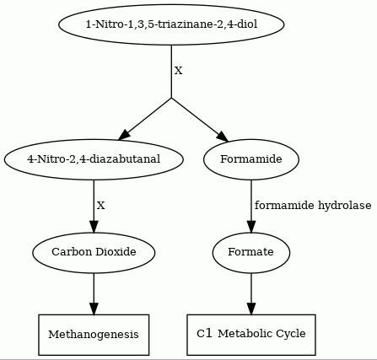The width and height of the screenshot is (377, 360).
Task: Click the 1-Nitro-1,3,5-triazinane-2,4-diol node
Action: coord(171,24)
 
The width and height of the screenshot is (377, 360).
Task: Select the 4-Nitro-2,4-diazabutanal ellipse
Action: coord(94,159)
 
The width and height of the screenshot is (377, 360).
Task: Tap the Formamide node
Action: coord(251,159)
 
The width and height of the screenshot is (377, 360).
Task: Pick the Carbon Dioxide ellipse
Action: coord(94,252)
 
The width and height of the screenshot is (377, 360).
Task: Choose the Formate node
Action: coord(251,252)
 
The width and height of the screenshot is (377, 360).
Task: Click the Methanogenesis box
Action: coord(94,335)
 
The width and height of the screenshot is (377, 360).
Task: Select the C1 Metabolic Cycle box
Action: coord(251,335)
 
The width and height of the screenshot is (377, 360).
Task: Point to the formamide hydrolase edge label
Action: coord(313,206)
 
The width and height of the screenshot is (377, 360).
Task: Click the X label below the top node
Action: coord(179,71)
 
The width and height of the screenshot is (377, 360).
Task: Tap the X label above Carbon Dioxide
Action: coord(101,206)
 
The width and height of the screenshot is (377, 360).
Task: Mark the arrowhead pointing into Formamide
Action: coord(224,137)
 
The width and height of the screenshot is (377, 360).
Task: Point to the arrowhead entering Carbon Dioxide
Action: coord(94,227)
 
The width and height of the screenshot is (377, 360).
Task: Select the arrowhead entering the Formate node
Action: coord(251,227)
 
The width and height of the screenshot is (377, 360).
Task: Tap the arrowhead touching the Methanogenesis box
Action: coord(94,309)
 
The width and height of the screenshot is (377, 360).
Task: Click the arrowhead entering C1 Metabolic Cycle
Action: coord(251,309)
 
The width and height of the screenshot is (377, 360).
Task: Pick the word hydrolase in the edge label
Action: coord(345,206)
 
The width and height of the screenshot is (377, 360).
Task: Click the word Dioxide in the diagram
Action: coord(116,251)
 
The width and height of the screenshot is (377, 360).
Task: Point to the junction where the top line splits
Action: coord(171,98)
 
